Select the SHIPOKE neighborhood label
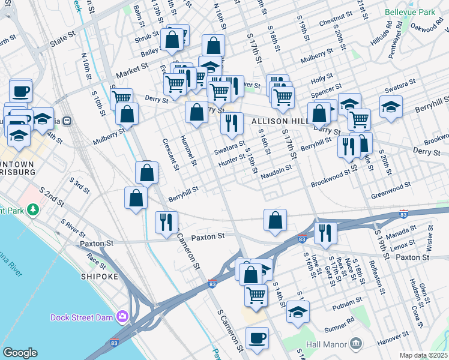[x=99, y=277]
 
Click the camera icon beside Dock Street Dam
[x=122, y=316]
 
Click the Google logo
[x=20, y=353]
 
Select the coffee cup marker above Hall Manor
[x=258, y=338]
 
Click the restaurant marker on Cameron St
[x=166, y=221]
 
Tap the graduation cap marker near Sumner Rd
[x=298, y=312]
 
